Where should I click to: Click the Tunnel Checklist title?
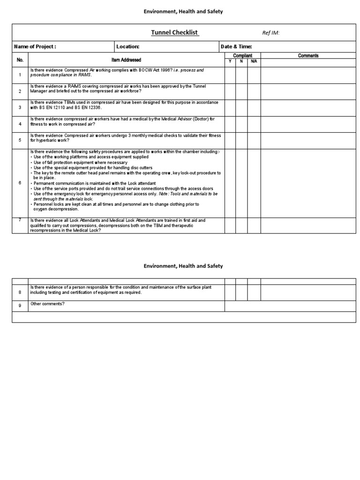tap(175, 32)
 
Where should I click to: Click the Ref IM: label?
tap(270, 33)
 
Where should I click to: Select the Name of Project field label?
tap(35, 46)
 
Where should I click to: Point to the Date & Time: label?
tap(236, 46)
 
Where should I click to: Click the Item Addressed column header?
tap(126, 60)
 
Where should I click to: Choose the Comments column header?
tap(308, 56)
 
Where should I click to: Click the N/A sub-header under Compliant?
tap(254, 61)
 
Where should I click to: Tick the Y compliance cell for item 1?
tap(230, 75)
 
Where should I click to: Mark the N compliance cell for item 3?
tap(241, 107)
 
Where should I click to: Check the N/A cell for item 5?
tap(254, 140)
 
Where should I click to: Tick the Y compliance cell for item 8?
tap(230, 292)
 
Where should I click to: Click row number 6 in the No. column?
tap(20, 183)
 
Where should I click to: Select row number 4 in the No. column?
tap(20, 124)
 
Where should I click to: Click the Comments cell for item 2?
tap(308, 91)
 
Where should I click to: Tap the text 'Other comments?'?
tap(48, 304)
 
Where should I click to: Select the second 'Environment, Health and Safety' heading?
tap(183, 266)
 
